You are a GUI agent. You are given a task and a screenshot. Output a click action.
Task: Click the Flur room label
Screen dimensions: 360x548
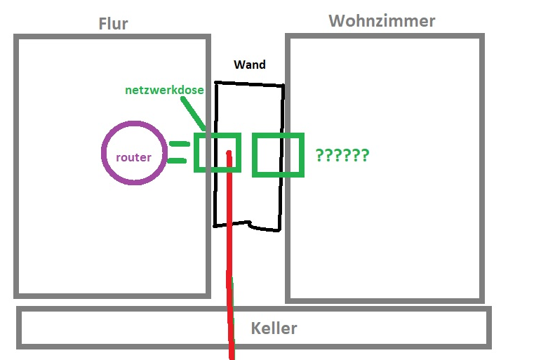tap(113, 24)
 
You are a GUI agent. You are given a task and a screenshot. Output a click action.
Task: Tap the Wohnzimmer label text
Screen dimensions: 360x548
tap(382, 21)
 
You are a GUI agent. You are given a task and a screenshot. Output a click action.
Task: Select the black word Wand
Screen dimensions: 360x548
tap(250, 65)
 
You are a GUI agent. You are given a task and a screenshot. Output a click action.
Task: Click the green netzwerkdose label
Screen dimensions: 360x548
tap(166, 90)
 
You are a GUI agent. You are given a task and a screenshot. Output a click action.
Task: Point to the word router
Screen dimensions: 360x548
tap(133, 157)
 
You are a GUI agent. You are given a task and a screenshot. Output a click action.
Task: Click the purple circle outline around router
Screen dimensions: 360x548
tap(102, 153)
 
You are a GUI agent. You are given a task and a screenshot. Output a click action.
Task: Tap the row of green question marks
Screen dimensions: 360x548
tap(342, 155)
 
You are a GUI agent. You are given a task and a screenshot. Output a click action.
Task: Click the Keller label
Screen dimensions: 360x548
tap(274, 328)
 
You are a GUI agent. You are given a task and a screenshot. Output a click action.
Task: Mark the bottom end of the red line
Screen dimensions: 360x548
tap(231, 356)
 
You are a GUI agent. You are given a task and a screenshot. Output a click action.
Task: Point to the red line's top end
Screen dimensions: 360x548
tap(229, 152)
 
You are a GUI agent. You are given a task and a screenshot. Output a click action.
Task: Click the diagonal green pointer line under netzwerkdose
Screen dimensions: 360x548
tap(194, 113)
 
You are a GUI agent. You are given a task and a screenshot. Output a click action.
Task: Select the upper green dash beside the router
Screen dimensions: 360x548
tap(180, 144)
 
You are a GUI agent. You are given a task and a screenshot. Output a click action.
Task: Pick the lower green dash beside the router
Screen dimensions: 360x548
tap(180, 161)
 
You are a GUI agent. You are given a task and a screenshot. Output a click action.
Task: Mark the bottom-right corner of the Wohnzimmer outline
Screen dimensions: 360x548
tap(482, 300)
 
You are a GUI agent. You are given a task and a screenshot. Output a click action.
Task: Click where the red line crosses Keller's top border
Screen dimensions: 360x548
tap(229, 309)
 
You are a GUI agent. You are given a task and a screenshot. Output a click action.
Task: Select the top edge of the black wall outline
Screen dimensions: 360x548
tap(249, 84)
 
